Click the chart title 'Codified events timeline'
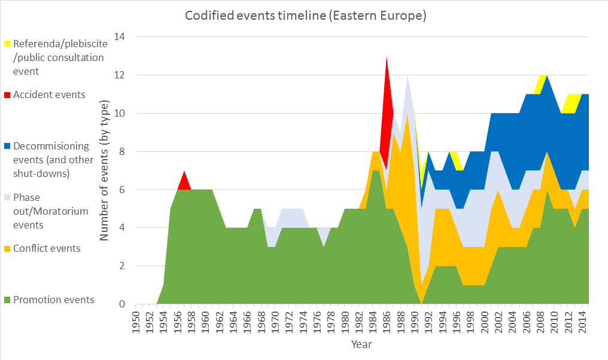coord(305,16)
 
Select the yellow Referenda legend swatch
coord(7,44)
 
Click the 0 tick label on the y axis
coord(122,304)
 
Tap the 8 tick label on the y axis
coord(122,152)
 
